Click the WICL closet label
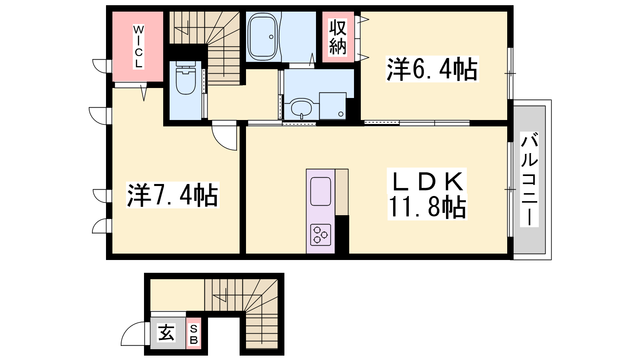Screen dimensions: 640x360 click(138, 46)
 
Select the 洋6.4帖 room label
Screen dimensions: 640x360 click(432, 70)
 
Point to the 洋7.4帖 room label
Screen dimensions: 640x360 click(172, 195)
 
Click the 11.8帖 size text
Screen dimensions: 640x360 click(427, 207)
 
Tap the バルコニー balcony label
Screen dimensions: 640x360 click(529, 179)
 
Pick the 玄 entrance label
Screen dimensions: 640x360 click(166, 333)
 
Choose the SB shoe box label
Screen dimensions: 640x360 click(194, 334)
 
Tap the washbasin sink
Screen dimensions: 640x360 click(302, 108)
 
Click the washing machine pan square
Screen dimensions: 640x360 click(332, 106)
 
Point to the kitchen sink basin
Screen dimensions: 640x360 click(320, 191)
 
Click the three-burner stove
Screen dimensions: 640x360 click(320, 235)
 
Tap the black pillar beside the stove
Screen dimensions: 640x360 click(342, 234)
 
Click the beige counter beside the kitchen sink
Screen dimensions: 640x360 click(342, 192)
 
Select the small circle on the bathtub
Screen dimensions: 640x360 click(271, 37)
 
